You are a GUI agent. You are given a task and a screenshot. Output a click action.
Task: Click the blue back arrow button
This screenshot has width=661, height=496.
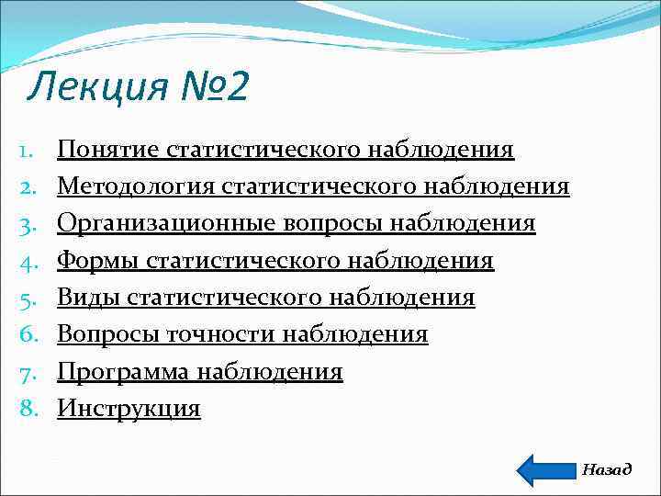tap(545, 469)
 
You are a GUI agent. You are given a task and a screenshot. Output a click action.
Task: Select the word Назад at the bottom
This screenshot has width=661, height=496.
tap(607, 469)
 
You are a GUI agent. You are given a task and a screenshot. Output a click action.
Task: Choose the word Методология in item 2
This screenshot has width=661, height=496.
tap(137, 186)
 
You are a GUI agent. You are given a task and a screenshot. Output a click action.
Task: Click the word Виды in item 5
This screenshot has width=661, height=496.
tap(88, 298)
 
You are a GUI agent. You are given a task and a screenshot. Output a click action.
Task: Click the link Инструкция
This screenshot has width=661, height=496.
tap(129, 408)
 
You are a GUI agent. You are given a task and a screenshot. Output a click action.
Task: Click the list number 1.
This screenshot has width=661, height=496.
tap(27, 149)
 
